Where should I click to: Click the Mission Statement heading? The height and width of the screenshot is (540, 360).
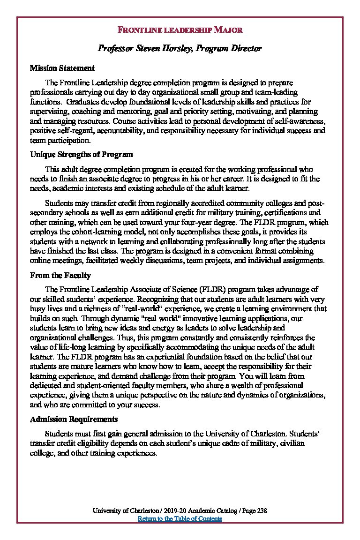[x=62, y=68]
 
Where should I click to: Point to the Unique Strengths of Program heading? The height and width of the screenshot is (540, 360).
[x=82, y=154]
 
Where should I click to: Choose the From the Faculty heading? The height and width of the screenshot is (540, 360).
[x=60, y=275]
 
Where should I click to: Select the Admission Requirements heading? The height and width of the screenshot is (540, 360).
[x=74, y=419]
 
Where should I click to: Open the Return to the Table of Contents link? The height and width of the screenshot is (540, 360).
[x=180, y=519]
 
